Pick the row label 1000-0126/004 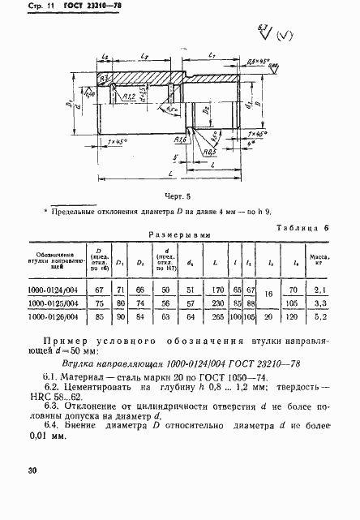tap(60, 317)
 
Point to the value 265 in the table tap(217, 317)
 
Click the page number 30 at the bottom tap(32, 469)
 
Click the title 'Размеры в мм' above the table tap(179, 237)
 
